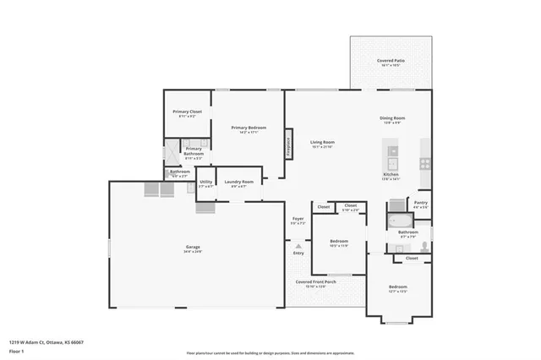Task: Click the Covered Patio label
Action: (x=390, y=61)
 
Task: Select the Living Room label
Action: (x=322, y=142)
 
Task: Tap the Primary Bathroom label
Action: (x=194, y=152)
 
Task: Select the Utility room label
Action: (x=205, y=183)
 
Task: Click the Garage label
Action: (x=194, y=248)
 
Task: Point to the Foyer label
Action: (x=298, y=221)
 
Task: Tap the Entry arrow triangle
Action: (x=298, y=246)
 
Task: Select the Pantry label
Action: (x=420, y=203)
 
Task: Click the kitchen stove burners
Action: (x=424, y=165)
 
